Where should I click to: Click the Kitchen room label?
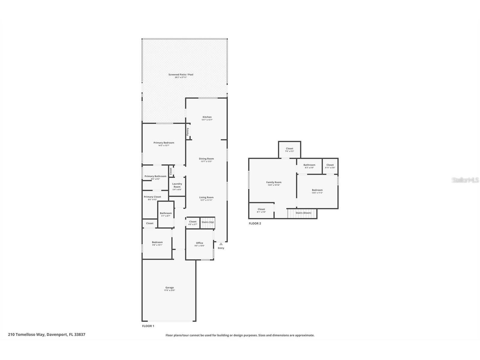(x=207, y=117)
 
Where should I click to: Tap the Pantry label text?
(x=188, y=132)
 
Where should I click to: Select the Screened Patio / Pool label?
(x=181, y=74)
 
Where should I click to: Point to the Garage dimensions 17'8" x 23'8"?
(x=169, y=290)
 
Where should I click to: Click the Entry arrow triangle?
(x=221, y=244)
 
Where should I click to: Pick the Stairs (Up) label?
(x=208, y=222)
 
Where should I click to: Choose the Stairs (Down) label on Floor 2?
(x=303, y=213)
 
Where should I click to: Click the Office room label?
(x=199, y=243)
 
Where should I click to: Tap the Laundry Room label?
(x=177, y=185)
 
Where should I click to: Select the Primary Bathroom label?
(x=155, y=176)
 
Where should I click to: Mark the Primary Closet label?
(x=152, y=197)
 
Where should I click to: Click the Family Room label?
(x=274, y=182)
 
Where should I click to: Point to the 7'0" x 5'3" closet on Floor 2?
(x=289, y=151)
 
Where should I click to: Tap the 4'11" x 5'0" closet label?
(x=330, y=168)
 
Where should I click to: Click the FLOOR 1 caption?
(x=148, y=326)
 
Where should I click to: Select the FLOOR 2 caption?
(x=255, y=223)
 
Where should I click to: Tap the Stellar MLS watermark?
(x=466, y=180)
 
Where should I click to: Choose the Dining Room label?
(x=206, y=159)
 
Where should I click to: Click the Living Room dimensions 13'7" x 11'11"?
(x=206, y=200)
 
